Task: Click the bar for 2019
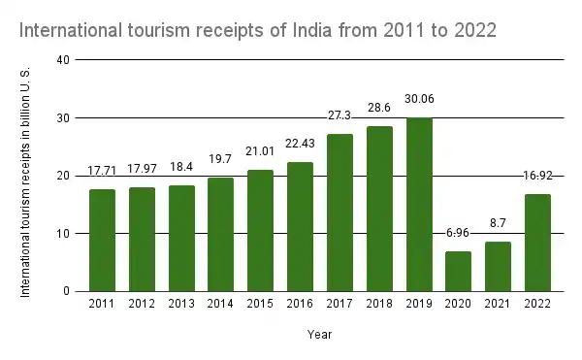tap(419, 205)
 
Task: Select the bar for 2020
tap(459, 271)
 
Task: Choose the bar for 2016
tap(301, 226)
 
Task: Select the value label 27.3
tap(340, 115)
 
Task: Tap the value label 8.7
tap(498, 222)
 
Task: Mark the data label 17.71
tap(103, 171)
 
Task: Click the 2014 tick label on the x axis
tap(221, 305)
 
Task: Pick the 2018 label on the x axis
tap(379, 305)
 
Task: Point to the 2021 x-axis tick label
tap(498, 305)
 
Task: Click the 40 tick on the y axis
tap(64, 60)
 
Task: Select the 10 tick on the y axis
tap(64, 234)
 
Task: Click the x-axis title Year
tap(320, 333)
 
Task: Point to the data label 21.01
tap(261, 151)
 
